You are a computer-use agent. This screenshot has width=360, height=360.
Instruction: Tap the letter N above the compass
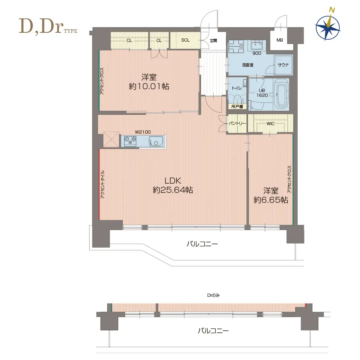tap(332, 10)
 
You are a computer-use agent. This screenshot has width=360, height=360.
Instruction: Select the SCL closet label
tap(185, 40)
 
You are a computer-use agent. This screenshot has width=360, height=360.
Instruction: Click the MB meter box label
tap(280, 40)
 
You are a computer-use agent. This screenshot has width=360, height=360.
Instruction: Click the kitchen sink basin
tap(156, 141)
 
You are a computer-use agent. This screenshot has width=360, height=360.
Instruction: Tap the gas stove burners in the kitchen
tap(130, 141)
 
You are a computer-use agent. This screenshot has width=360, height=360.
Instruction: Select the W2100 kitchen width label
tap(142, 132)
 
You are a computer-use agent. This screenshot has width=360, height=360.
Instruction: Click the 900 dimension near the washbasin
tap(257, 53)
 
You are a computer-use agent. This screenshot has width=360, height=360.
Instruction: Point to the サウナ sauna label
tap(283, 65)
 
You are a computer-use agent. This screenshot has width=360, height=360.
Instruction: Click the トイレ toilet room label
tap(237, 88)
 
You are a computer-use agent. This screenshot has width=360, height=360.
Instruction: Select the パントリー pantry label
tap(237, 124)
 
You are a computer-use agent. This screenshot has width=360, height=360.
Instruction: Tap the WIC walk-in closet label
tap(270, 124)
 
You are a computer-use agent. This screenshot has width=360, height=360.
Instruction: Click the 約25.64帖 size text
tap(173, 190)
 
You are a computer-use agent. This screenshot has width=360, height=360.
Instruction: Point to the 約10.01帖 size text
tap(149, 86)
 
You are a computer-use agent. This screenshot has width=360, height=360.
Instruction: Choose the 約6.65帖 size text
tap(271, 200)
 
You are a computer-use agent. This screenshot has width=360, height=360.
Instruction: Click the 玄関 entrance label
tap(213, 41)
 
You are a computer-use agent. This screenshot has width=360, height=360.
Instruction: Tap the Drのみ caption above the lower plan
tap(213, 295)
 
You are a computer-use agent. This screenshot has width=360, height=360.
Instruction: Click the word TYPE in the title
tap(71, 31)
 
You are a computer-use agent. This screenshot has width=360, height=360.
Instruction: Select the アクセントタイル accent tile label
tap(102, 184)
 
